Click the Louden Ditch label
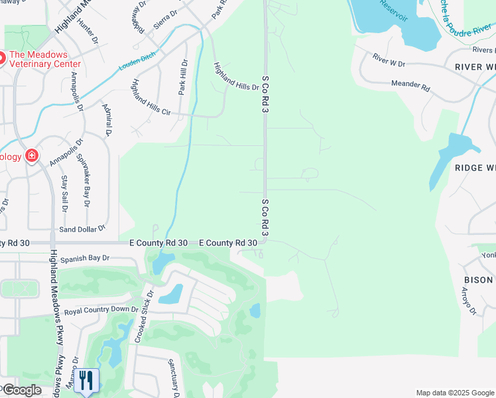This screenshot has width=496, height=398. click(x=137, y=62)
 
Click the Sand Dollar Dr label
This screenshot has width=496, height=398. click(x=82, y=228)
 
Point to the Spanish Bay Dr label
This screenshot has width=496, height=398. click(x=84, y=259)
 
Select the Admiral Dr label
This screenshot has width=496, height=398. click(x=106, y=120)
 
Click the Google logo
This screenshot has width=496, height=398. click(x=21, y=390)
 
